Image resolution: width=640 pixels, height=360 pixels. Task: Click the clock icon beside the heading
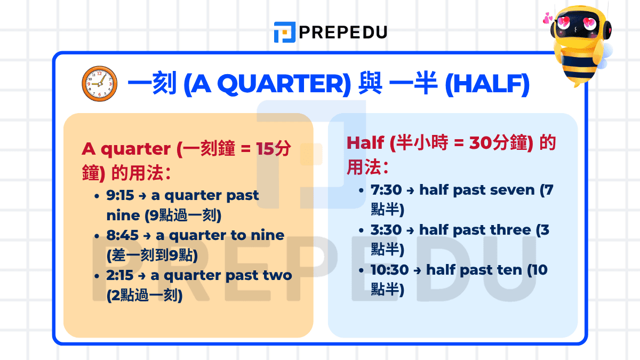point(99,84)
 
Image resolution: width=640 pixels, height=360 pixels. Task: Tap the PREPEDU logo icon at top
point(284,32)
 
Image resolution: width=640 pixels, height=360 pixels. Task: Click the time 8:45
point(122,236)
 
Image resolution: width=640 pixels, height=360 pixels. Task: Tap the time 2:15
point(120,276)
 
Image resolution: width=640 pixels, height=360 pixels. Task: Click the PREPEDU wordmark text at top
point(343,33)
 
